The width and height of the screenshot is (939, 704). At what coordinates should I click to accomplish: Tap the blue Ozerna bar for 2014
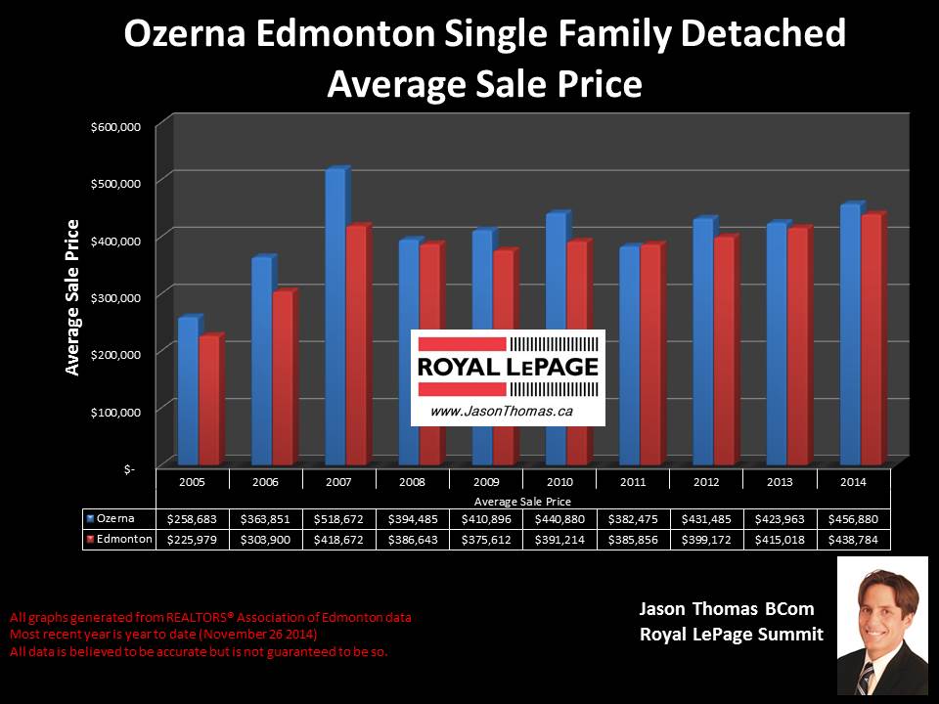849,332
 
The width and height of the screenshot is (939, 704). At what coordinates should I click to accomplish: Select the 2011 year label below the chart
633,481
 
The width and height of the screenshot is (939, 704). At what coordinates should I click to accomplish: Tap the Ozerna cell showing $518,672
338,519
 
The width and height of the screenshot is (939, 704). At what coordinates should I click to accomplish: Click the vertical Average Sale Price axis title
72,297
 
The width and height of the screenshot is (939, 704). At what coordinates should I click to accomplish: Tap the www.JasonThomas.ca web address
502,413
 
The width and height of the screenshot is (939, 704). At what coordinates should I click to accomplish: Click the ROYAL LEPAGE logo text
507,369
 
